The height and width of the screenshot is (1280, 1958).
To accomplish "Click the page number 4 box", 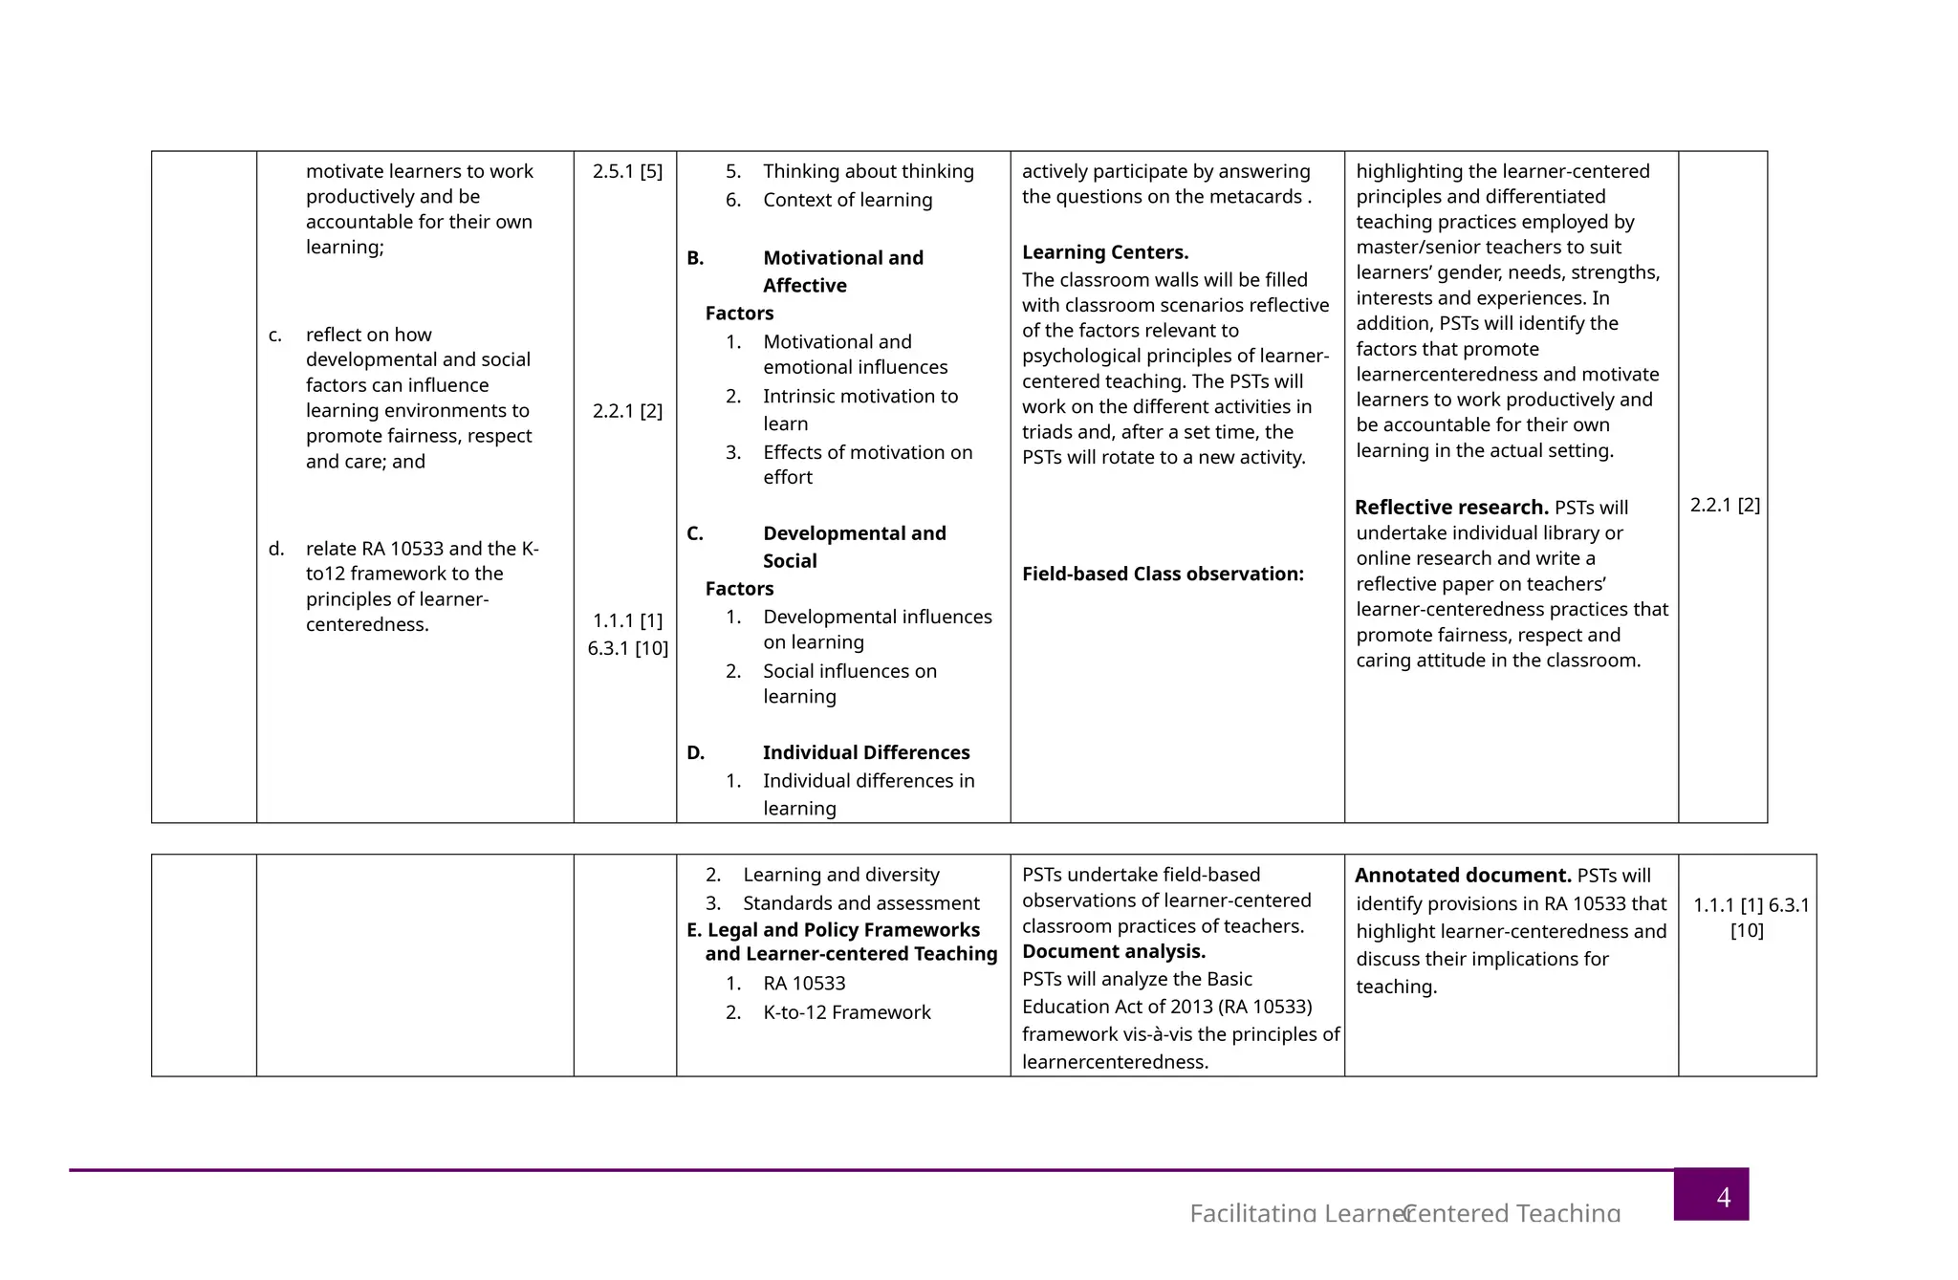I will [x=1710, y=1194].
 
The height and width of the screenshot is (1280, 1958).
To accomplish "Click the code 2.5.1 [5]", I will [x=627, y=172].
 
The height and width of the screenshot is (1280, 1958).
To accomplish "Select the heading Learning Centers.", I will [x=1104, y=253].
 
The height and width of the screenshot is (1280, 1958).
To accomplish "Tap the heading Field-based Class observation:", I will [x=1163, y=575].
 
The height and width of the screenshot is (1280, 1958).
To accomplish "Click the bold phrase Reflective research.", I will [x=1450, y=508].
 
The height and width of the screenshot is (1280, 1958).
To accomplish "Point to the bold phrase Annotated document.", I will [x=1462, y=876].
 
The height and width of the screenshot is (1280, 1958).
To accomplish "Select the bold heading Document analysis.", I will [x=1113, y=952].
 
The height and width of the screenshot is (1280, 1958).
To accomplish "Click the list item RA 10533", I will [x=803, y=984].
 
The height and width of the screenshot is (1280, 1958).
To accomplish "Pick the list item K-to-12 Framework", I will [x=846, y=1012].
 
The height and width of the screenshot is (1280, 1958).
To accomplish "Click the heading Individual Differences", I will [x=865, y=753].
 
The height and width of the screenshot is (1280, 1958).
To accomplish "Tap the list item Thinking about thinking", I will [x=868, y=172].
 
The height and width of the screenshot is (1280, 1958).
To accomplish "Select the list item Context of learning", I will [x=847, y=201].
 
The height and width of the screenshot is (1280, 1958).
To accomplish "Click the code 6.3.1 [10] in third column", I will [x=627, y=649].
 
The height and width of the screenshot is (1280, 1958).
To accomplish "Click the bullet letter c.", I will [x=274, y=336].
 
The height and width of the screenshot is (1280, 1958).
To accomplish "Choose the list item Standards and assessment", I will [x=860, y=903].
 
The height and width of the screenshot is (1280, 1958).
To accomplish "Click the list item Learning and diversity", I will [x=840, y=875].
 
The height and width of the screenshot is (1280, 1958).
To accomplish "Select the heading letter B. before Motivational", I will [x=695, y=258].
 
